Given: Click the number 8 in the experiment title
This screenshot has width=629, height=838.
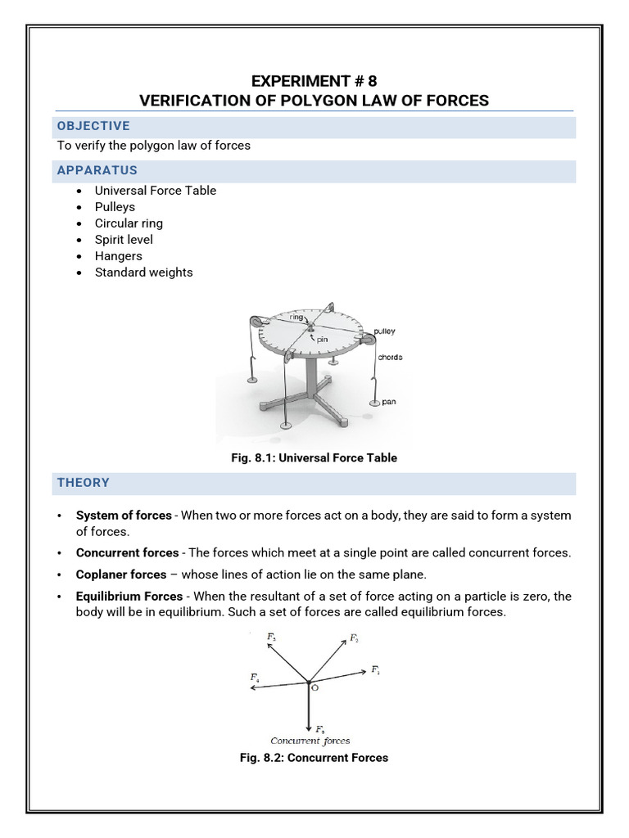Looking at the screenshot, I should pyautogui.click(x=373, y=81).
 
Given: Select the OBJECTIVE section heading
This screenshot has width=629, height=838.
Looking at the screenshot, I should pyautogui.click(x=93, y=126).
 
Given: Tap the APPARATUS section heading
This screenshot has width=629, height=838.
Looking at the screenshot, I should pyautogui.click(x=97, y=170).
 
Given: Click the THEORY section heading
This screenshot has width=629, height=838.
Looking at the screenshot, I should pyautogui.click(x=83, y=483).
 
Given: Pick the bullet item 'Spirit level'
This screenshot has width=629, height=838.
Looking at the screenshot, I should pyautogui.click(x=124, y=240).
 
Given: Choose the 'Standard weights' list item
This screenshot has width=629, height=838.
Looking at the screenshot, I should pyautogui.click(x=143, y=273).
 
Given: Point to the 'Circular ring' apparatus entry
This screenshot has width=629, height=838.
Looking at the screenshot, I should pyautogui.click(x=129, y=223).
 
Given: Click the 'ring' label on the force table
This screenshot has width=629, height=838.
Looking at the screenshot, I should pyautogui.click(x=296, y=317).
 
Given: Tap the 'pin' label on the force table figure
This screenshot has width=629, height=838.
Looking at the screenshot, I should pyautogui.click(x=322, y=337).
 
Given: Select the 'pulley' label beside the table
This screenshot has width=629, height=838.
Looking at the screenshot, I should pyautogui.click(x=383, y=331).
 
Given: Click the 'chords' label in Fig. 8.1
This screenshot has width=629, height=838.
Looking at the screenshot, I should pyautogui.click(x=390, y=358).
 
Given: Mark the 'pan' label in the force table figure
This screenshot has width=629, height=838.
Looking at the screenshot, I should pyautogui.click(x=388, y=402).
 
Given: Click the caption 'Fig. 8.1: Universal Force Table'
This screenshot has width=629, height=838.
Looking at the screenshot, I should pyautogui.click(x=314, y=458).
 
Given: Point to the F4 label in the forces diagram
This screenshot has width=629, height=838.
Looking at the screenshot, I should pyautogui.click(x=255, y=678).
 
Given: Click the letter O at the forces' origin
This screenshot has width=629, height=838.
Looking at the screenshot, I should pyautogui.click(x=315, y=689).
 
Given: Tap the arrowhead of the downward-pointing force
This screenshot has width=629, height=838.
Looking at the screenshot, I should pyautogui.click(x=308, y=726).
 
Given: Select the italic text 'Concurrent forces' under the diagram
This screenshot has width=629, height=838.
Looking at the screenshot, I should pyautogui.click(x=310, y=741).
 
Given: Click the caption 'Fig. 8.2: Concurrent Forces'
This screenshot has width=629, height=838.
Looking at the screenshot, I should pyautogui.click(x=314, y=758).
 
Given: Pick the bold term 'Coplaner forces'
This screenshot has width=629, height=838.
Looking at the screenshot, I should pyautogui.click(x=121, y=574).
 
